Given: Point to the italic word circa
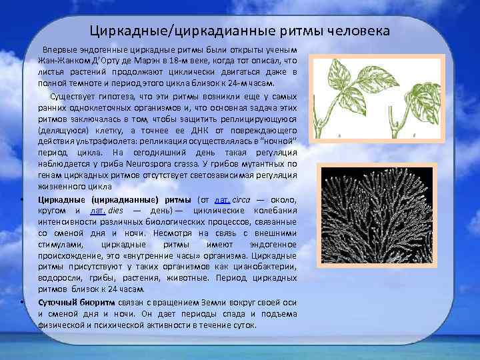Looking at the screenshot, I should [x=241, y=200].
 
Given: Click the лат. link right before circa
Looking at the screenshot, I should [x=221, y=200].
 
